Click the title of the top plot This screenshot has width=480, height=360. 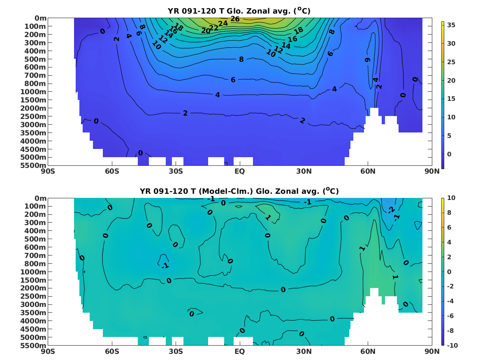pyautogui.click(x=239, y=11)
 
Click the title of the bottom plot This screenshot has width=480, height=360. pyautogui.click(x=239, y=191)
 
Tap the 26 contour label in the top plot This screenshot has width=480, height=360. pyautogui.click(x=235, y=19)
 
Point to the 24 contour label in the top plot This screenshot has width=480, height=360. pyautogui.click(x=223, y=23)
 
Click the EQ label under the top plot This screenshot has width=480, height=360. pyautogui.click(x=239, y=171)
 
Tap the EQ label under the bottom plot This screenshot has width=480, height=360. pyautogui.click(x=239, y=351)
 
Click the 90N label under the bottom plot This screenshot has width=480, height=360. pyautogui.click(x=432, y=351)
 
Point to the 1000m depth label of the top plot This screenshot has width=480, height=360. pyautogui.click(x=33, y=91)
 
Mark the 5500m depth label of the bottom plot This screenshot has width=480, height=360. pyautogui.click(x=33, y=346)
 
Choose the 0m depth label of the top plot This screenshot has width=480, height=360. pyautogui.click(x=40, y=18)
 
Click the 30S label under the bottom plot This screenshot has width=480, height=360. pyautogui.click(x=176, y=351)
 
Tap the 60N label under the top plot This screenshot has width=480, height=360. pyautogui.click(x=368, y=171)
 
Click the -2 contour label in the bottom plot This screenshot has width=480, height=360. pyautogui.click(x=391, y=210)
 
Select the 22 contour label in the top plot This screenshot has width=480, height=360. pyautogui.click(x=214, y=28)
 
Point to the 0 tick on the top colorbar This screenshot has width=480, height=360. pyautogui.click(x=449, y=154)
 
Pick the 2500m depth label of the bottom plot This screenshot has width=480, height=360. pyautogui.click(x=33, y=296)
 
